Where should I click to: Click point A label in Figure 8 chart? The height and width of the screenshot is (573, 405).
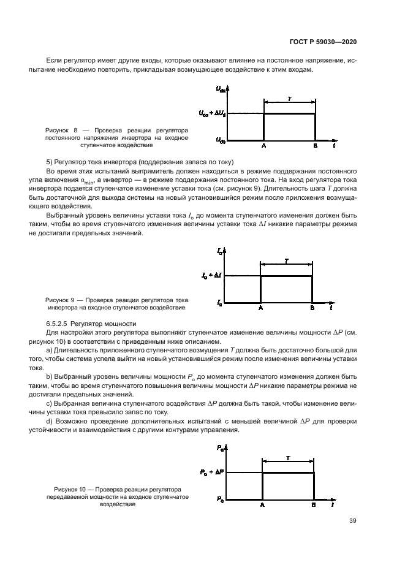263,147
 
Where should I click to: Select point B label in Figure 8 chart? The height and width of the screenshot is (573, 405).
315,147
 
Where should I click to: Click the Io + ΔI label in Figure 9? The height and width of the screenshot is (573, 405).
211,276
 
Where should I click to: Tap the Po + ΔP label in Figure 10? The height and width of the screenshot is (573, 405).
211,472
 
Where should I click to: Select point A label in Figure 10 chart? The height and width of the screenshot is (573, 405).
262,505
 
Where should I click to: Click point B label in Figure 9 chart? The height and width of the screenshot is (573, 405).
312,308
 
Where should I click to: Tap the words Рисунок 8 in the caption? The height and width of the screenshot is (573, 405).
61,131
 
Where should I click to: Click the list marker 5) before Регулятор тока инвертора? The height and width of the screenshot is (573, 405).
50,161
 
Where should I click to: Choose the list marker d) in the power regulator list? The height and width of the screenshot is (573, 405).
50,422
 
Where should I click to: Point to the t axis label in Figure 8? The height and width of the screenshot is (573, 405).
333,148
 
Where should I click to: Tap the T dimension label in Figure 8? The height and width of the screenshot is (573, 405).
289,98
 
